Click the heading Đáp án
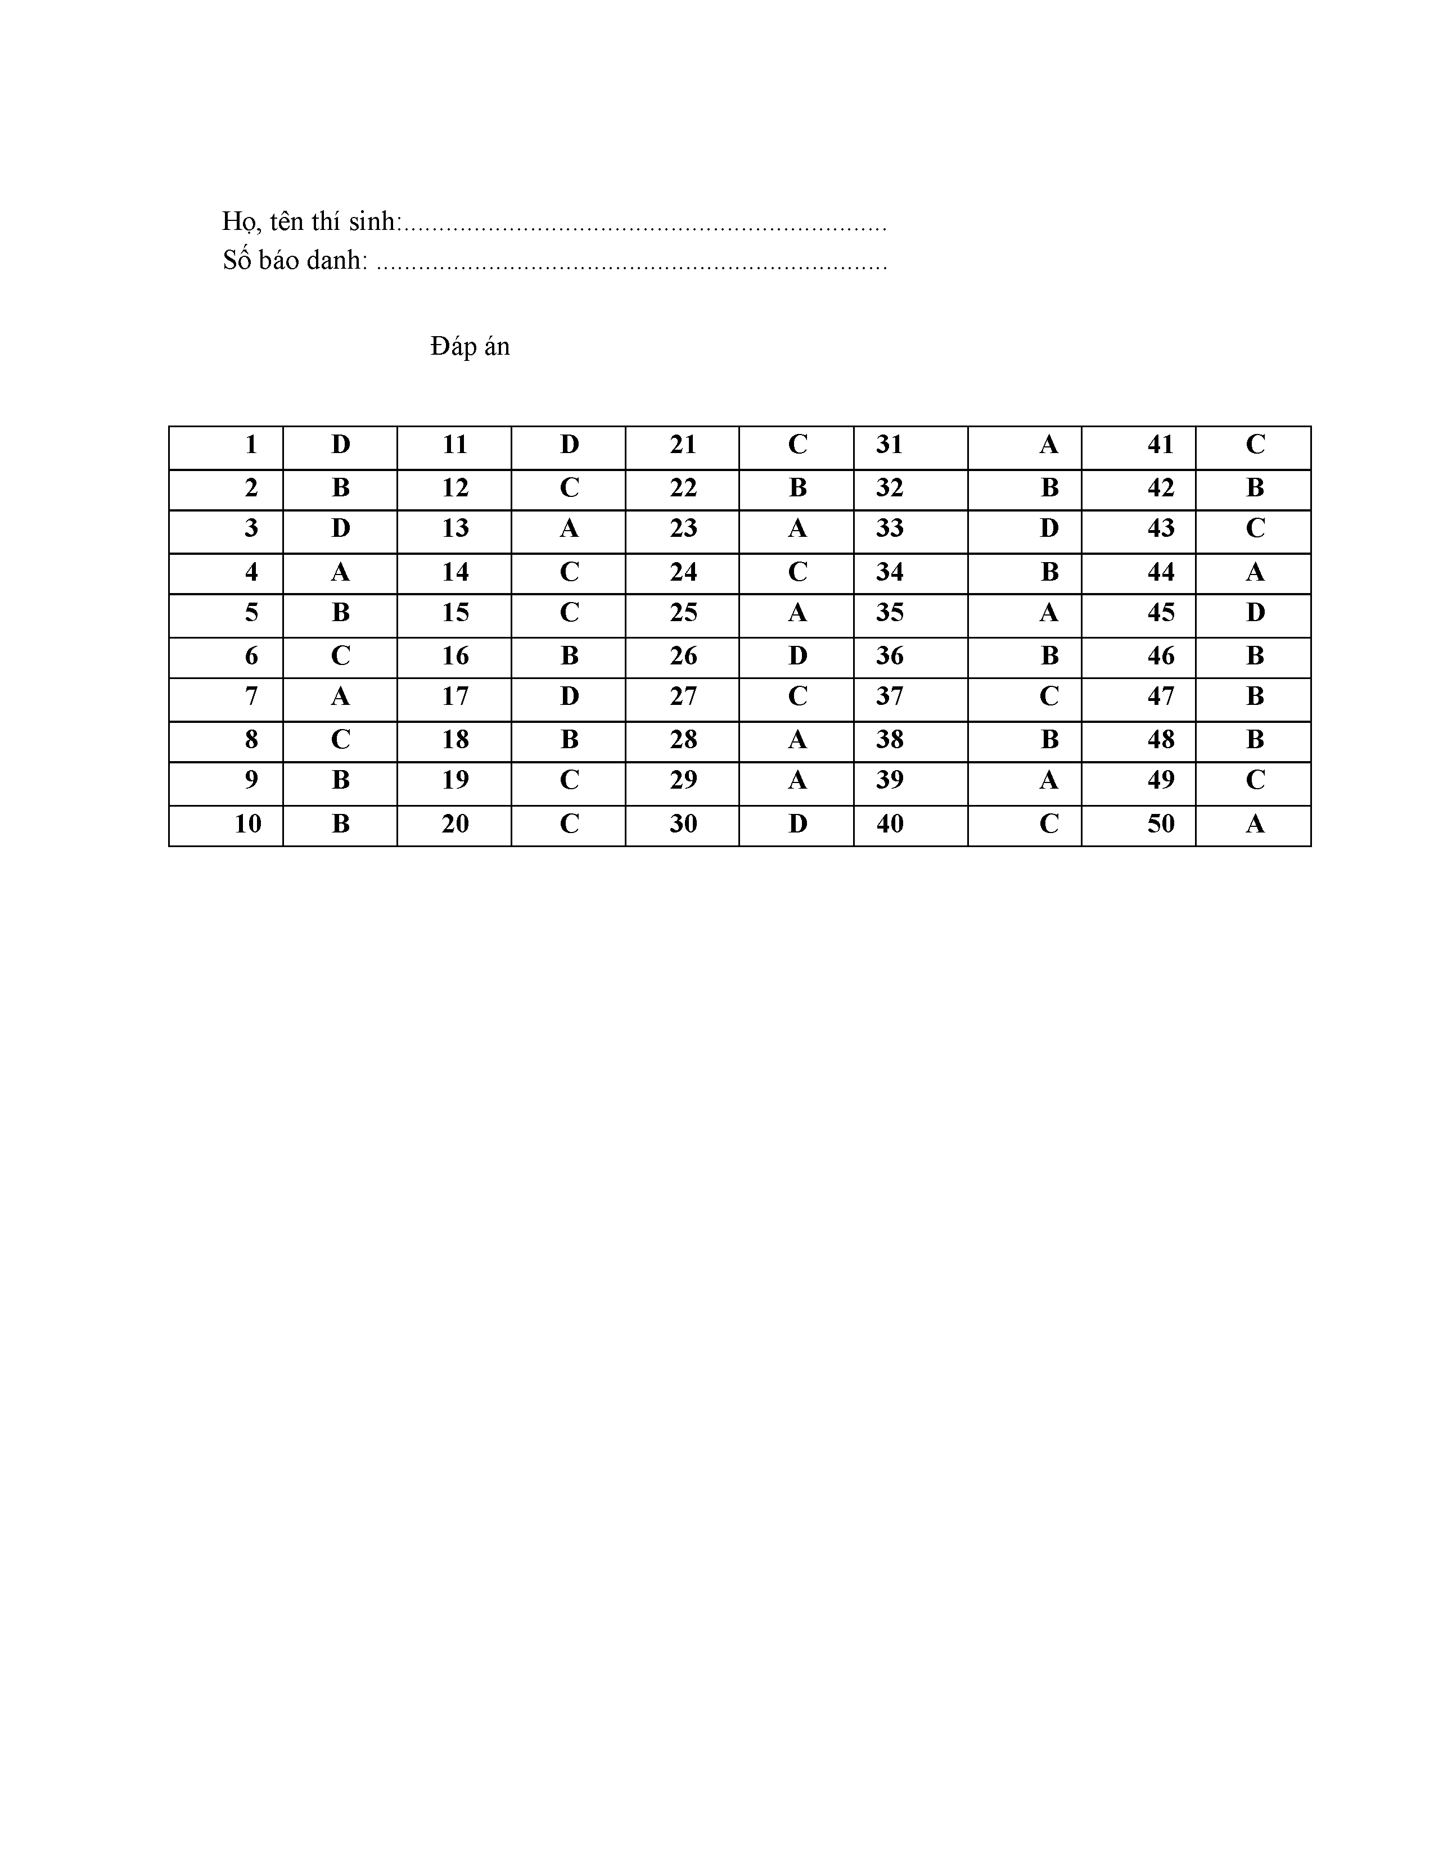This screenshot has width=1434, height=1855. (x=469, y=346)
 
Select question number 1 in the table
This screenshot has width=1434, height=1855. (x=251, y=444)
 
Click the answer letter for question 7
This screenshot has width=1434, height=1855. (x=340, y=696)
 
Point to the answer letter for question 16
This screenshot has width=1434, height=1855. (x=569, y=655)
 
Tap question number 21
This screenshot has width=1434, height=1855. (x=683, y=444)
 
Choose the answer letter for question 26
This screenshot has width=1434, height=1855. (x=797, y=655)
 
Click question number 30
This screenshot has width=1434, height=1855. (x=683, y=823)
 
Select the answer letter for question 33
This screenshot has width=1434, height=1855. (x=1049, y=528)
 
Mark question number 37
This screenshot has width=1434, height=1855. (x=890, y=696)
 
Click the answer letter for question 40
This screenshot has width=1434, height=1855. (x=1049, y=823)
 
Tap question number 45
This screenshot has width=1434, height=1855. (x=1161, y=612)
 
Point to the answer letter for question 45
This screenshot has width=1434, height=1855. (x=1255, y=612)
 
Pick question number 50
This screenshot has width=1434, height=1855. (x=1161, y=823)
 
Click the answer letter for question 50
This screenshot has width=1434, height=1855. (x=1255, y=823)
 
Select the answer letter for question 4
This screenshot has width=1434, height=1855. (x=340, y=572)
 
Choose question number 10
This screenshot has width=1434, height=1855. (x=248, y=823)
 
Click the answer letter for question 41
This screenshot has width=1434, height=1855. (x=1255, y=444)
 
